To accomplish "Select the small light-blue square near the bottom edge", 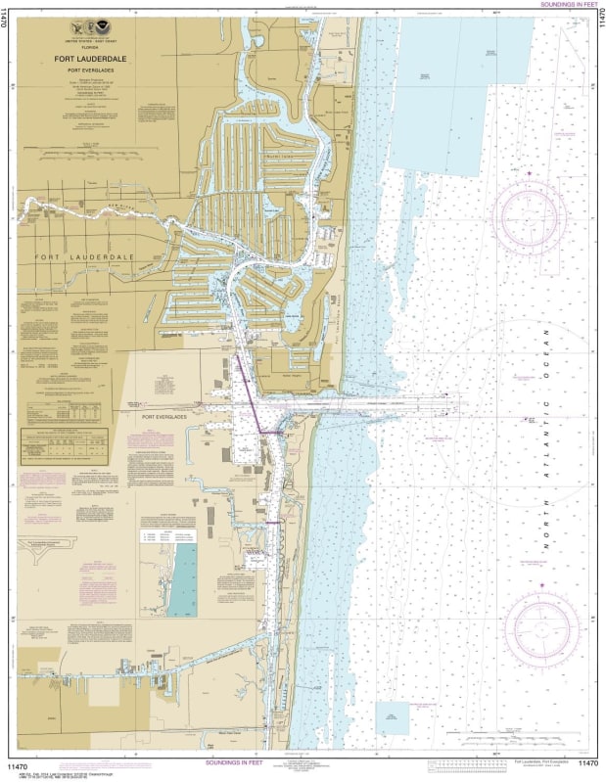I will [393, 716].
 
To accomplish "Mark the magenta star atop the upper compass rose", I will [530, 173].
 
